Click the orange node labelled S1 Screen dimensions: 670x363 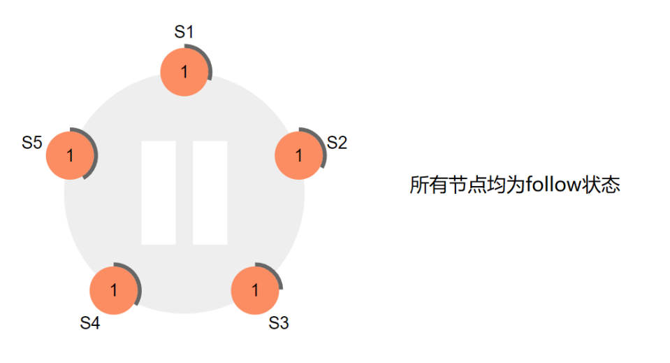pyautogui.click(x=184, y=71)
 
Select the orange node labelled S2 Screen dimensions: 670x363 pyautogui.click(x=299, y=155)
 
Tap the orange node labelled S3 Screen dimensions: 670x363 pyautogui.click(x=254, y=290)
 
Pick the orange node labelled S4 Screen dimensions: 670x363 pyautogui.click(x=114, y=290)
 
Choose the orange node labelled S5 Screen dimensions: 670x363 pyautogui.click(x=70, y=155)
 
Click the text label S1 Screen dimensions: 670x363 pyautogui.click(x=184, y=31)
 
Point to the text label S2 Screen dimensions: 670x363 pyautogui.click(x=337, y=143)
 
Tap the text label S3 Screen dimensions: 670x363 pyautogui.click(x=278, y=323)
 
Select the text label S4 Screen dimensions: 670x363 pyautogui.click(x=90, y=323)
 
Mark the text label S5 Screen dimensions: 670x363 pyautogui.click(x=32, y=143)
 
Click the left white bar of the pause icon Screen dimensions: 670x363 pyautogui.click(x=158, y=192)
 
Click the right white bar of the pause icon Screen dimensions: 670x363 pyautogui.click(x=210, y=192)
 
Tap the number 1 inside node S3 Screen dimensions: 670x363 pyautogui.click(x=254, y=290)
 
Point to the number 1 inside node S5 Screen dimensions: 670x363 pyautogui.click(x=70, y=155)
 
